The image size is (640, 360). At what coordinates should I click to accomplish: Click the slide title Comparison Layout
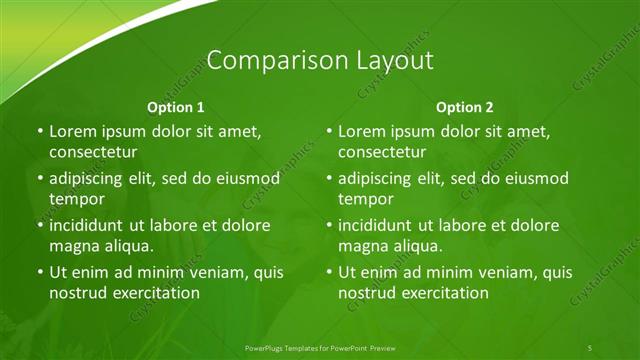(320, 60)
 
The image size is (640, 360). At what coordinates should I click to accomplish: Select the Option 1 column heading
(176, 107)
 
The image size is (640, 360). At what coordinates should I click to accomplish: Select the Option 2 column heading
(465, 107)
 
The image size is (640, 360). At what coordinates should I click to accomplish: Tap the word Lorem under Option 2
(361, 131)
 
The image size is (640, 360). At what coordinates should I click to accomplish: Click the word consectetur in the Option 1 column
(92, 153)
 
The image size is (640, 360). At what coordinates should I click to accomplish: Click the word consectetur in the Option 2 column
(381, 153)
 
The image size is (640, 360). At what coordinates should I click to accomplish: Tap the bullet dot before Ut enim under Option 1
(40, 272)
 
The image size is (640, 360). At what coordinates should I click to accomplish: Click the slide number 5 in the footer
(590, 347)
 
